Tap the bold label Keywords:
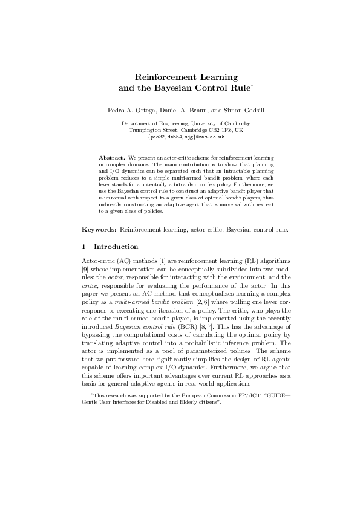[x=99, y=230]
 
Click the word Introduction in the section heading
[x=116, y=247]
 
